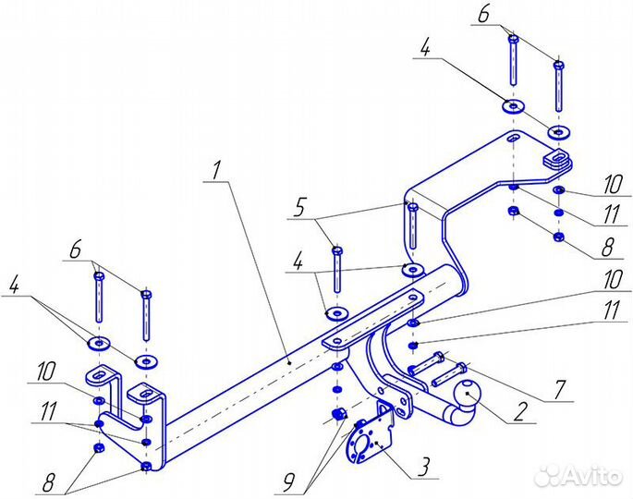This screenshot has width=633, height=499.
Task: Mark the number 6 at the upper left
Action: click(x=75, y=249)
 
